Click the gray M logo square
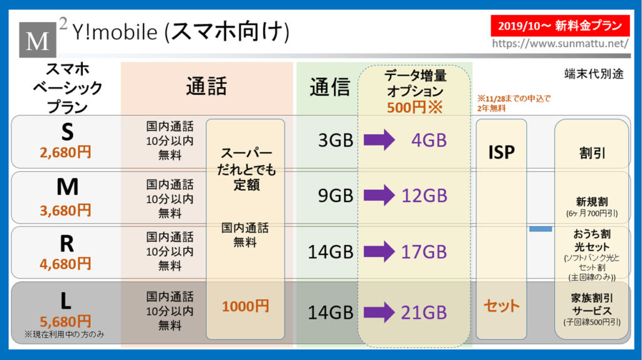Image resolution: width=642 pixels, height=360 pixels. tap(38, 40)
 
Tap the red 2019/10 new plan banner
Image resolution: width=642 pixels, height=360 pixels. tap(560, 26)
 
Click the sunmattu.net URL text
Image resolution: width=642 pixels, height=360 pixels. tap(560, 43)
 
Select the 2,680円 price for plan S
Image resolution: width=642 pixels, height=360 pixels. tap(65, 152)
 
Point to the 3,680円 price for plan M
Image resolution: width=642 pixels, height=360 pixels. tap(65, 211)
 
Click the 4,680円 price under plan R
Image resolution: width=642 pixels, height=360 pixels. tap(65, 264)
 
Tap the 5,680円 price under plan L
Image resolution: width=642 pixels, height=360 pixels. tap(65, 321)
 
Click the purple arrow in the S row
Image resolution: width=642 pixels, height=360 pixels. tap(379, 140)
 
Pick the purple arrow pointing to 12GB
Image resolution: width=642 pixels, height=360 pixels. tap(379, 195)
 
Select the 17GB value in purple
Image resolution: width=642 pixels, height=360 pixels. tap(424, 252)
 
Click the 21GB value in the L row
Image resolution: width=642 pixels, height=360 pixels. tap(424, 312)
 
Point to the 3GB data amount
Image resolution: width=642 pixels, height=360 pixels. tap(336, 140)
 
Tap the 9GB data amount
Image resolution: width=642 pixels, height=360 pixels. tap(336, 196)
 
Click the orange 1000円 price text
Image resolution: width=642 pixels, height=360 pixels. tap(245, 306)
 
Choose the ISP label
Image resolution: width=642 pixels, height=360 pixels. tap(501, 152)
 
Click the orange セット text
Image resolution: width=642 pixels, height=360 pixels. tap(502, 305)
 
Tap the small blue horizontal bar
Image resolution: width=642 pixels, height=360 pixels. tap(540, 229)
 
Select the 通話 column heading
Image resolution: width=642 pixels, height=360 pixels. tap(206, 87)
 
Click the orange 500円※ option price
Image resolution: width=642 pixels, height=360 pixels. tap(415, 107)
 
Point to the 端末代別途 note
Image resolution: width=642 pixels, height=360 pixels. tap(594, 74)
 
